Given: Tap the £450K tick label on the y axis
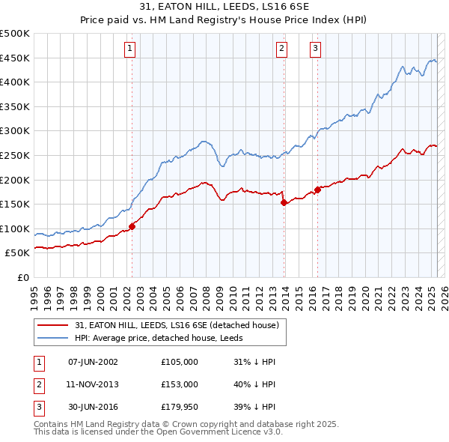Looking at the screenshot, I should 15,58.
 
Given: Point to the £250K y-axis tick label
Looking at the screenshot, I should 15,155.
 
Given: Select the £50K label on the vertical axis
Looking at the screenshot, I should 18,253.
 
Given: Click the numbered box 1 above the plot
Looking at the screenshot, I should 129,49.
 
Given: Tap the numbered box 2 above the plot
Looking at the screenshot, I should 281,49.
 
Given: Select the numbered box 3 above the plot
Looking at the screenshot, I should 315,49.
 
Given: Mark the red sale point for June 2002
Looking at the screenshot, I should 132,225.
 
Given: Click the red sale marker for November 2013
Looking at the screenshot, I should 284,202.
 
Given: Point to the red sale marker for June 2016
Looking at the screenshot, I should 317,189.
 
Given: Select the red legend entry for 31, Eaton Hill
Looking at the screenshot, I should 176,325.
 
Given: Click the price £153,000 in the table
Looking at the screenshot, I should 180,384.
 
